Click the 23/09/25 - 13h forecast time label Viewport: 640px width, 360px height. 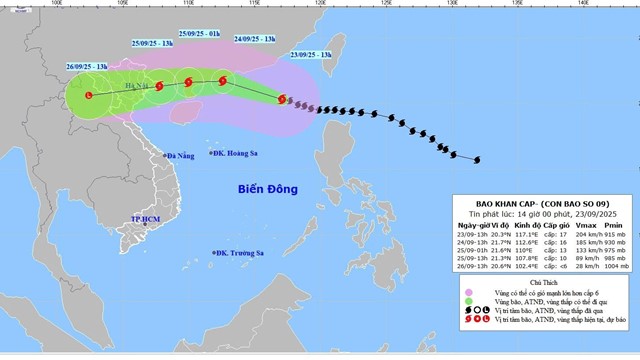tap(310, 54)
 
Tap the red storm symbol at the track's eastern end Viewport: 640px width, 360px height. tap(283, 99)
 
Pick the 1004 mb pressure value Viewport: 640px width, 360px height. tap(615, 267)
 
